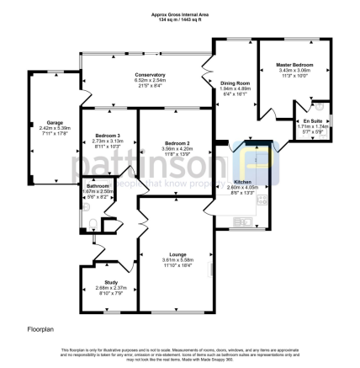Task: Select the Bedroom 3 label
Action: click(x=108, y=136)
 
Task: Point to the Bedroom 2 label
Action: click(x=177, y=144)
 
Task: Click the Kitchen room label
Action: click(x=242, y=181)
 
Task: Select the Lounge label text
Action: click(x=177, y=253)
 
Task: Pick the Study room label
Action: click(x=111, y=282)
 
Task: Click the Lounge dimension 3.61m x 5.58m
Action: click(x=177, y=259)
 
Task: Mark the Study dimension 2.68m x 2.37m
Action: click(x=111, y=288)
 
